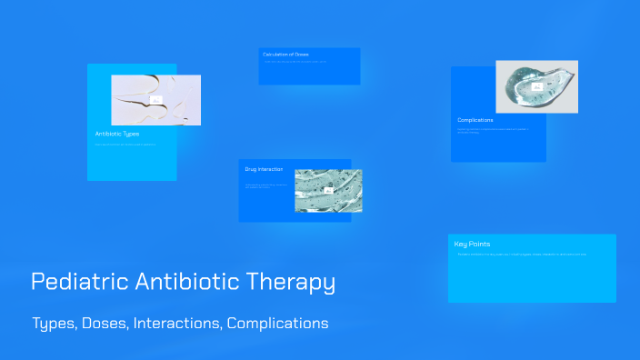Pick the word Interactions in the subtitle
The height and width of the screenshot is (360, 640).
tap(178, 324)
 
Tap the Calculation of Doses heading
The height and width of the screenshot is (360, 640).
tap(285, 55)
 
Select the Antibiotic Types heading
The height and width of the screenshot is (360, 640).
tap(117, 134)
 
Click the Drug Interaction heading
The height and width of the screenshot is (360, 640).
tap(264, 169)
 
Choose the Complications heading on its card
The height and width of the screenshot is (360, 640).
tap(475, 120)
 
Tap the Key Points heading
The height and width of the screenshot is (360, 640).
tap(473, 244)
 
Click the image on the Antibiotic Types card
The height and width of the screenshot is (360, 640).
tap(155, 100)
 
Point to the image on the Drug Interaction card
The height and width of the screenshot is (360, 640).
tap(328, 190)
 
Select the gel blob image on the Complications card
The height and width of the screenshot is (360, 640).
tap(536, 86)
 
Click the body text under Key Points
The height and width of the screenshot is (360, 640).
tap(523, 254)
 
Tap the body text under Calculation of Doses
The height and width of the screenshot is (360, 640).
tap(295, 62)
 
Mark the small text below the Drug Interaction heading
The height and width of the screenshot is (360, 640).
tap(266, 186)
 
